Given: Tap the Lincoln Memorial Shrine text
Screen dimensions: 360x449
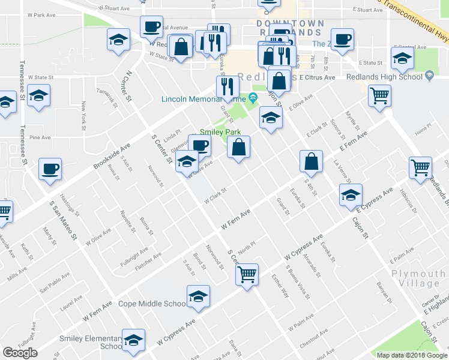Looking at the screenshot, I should pyautogui.click(x=204, y=99).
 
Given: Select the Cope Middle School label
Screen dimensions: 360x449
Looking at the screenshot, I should pyautogui.click(x=152, y=304).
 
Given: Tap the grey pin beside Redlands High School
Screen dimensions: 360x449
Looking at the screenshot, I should pyautogui.click(x=429, y=76).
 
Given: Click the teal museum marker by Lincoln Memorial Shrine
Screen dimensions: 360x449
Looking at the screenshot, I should pyautogui.click(x=253, y=98).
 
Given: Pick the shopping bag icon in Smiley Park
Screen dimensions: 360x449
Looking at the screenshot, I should pyautogui.click(x=239, y=147).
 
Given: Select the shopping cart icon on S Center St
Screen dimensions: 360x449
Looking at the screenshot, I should pyautogui.click(x=247, y=275).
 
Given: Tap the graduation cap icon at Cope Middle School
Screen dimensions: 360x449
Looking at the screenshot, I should pyautogui.click(x=198, y=296).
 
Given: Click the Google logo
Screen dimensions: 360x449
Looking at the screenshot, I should pyautogui.click(x=20, y=353).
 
